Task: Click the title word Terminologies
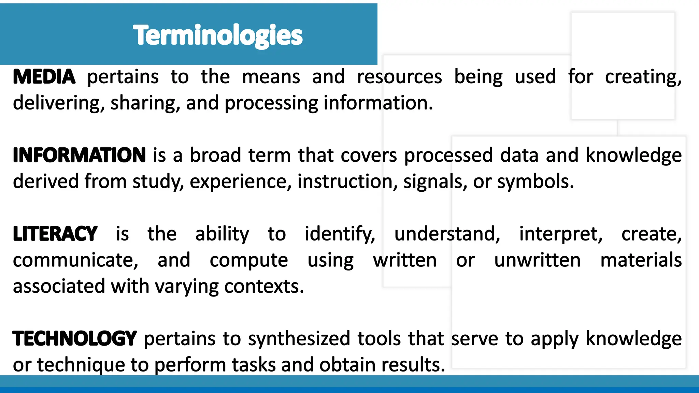(x=218, y=35)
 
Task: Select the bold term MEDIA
(x=44, y=77)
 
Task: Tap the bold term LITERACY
(x=55, y=234)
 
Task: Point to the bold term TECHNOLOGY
(x=75, y=339)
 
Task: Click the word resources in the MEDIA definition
(x=399, y=77)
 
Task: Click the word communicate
(x=75, y=261)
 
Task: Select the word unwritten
(x=537, y=261)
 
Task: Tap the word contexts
(x=263, y=287)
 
